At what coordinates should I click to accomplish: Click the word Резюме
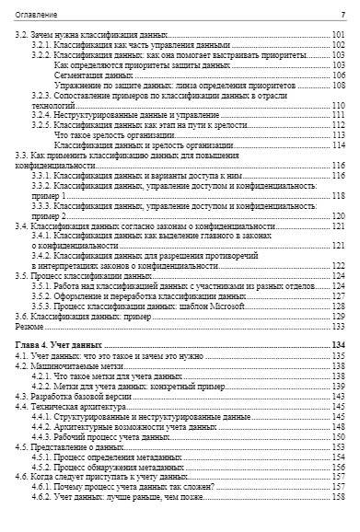29,326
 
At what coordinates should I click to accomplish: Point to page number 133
338,326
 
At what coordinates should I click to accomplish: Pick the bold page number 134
337,344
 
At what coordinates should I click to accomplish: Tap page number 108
338,86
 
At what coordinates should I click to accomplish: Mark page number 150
338,436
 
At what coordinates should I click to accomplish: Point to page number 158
338,496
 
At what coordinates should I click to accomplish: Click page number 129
338,316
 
